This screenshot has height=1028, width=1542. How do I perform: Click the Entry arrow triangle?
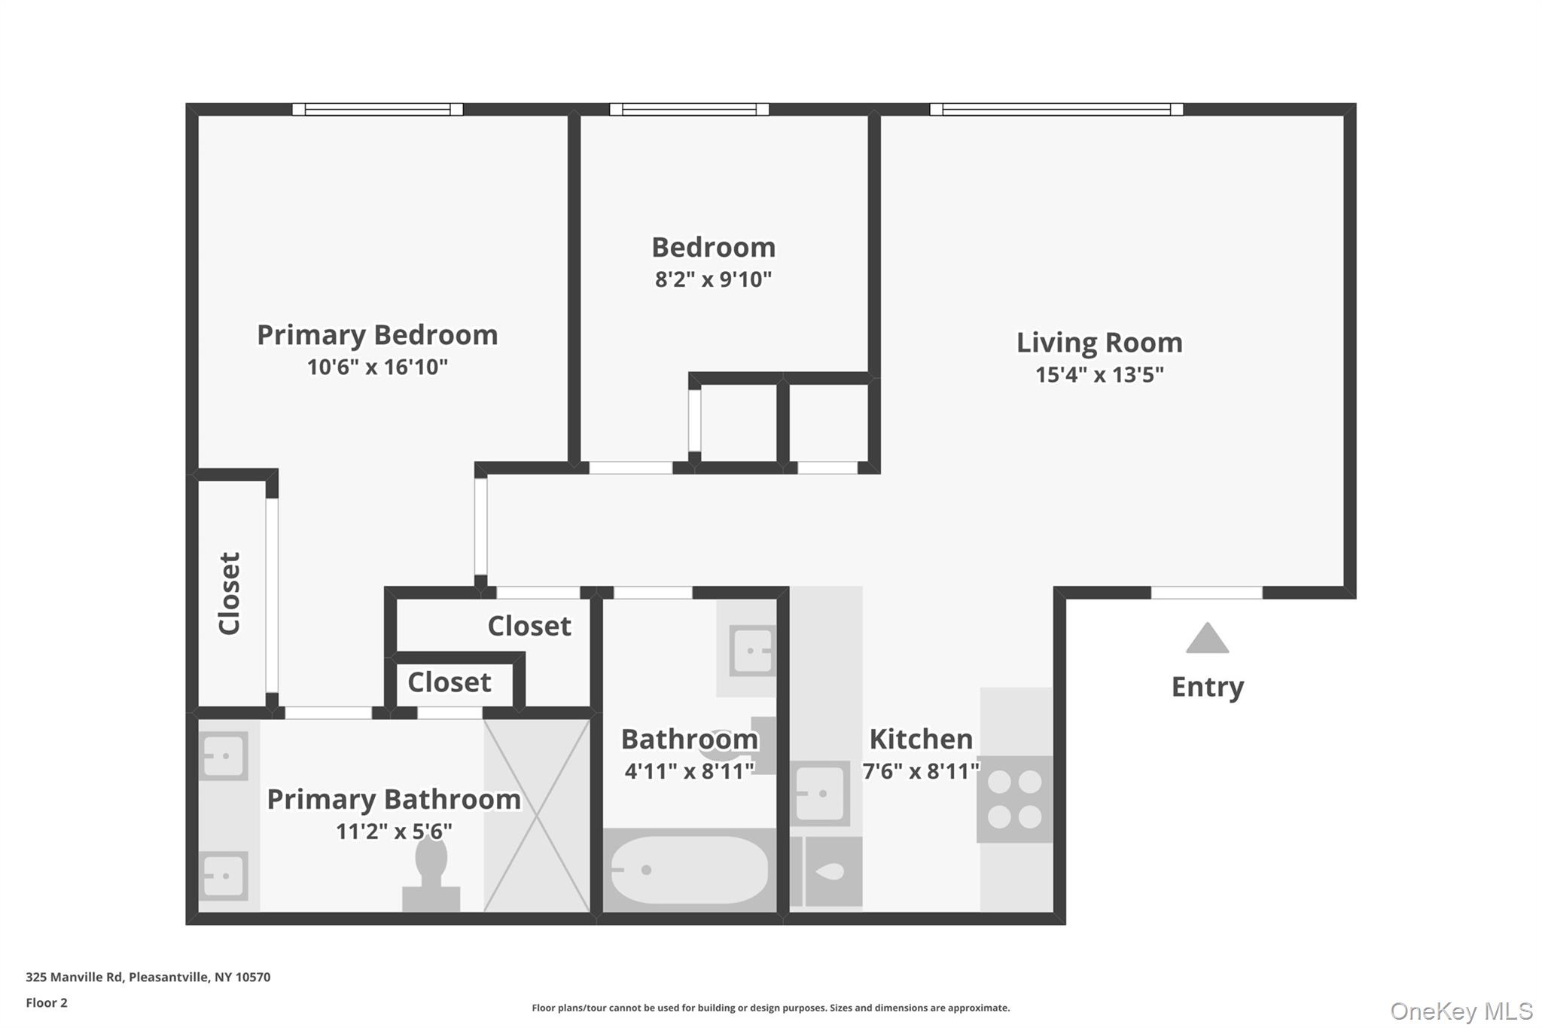(1207, 639)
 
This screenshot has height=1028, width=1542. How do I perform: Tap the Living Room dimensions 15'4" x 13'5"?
(1099, 374)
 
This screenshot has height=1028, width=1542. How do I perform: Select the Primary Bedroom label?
(377, 335)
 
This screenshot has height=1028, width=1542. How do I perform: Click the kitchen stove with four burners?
(1014, 799)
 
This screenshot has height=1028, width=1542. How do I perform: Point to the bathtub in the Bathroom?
(689, 871)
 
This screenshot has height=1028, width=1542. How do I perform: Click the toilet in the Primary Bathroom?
(431, 874)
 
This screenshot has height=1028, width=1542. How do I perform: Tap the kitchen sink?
(820, 794)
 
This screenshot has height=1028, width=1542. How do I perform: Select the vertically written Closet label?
(230, 593)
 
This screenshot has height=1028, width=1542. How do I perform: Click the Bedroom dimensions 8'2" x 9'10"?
(713, 279)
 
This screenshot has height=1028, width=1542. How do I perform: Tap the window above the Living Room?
(1056, 109)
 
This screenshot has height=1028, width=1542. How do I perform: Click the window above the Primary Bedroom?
(377, 109)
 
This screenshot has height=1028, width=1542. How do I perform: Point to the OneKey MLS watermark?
(1461, 1011)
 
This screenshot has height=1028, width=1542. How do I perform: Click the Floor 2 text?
(47, 1002)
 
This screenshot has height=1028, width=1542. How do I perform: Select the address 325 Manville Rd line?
(148, 977)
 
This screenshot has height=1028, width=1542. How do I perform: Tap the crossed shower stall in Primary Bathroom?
(536, 816)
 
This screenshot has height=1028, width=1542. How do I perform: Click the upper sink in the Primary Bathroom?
(224, 755)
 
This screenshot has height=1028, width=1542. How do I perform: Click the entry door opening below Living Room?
(1206, 593)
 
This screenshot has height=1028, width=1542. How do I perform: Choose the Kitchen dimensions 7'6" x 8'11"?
(921, 771)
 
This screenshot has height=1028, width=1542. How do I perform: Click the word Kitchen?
(921, 739)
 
